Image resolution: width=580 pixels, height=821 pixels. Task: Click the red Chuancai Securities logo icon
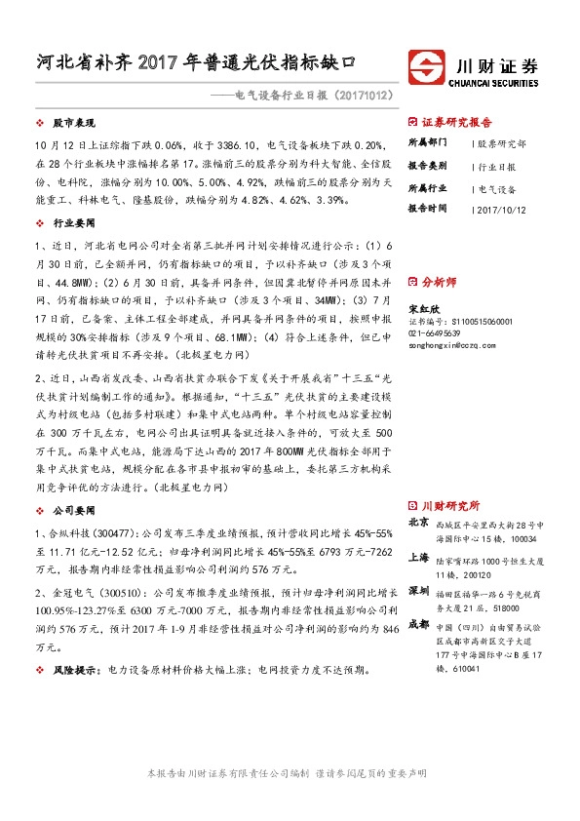425,67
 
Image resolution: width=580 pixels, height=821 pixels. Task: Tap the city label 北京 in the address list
418,522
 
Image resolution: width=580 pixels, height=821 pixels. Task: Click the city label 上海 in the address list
418,557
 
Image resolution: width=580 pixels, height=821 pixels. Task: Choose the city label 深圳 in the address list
418,591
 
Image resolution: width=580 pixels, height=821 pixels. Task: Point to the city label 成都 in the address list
418,624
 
